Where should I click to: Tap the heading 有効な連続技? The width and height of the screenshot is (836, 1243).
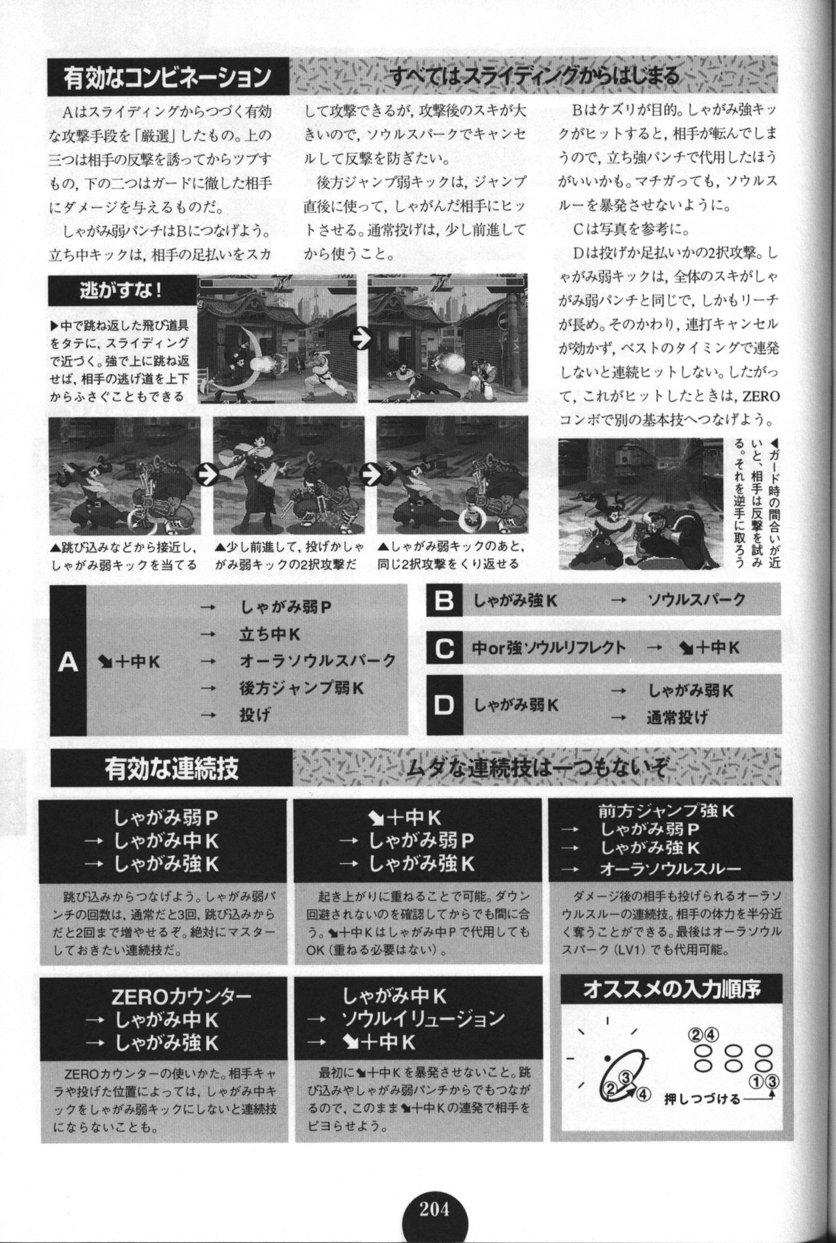(x=171, y=767)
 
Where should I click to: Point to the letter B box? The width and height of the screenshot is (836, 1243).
(x=444, y=600)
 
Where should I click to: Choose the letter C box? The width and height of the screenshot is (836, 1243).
(x=444, y=648)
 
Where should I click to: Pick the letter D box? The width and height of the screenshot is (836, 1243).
(x=444, y=705)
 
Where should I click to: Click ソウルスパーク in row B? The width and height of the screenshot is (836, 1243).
(x=696, y=600)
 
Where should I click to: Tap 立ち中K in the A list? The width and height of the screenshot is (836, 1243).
(x=270, y=634)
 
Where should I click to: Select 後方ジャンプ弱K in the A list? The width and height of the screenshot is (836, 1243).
(x=303, y=687)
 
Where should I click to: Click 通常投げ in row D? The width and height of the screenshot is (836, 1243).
(x=677, y=718)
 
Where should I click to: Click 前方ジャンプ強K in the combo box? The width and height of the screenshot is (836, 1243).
(x=666, y=811)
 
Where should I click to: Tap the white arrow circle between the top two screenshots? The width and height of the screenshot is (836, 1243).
(x=360, y=338)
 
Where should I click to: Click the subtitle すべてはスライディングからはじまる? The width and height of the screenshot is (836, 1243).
(x=533, y=76)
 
